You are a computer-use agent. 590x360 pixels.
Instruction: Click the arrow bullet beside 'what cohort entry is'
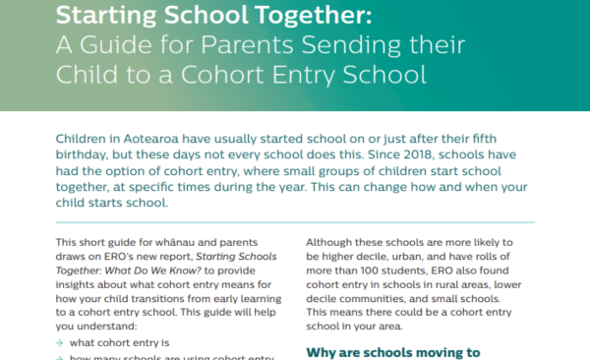[x=61, y=343]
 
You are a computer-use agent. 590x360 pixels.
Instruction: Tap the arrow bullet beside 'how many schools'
[x=61, y=358]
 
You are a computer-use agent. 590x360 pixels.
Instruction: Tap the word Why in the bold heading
[x=324, y=351]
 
